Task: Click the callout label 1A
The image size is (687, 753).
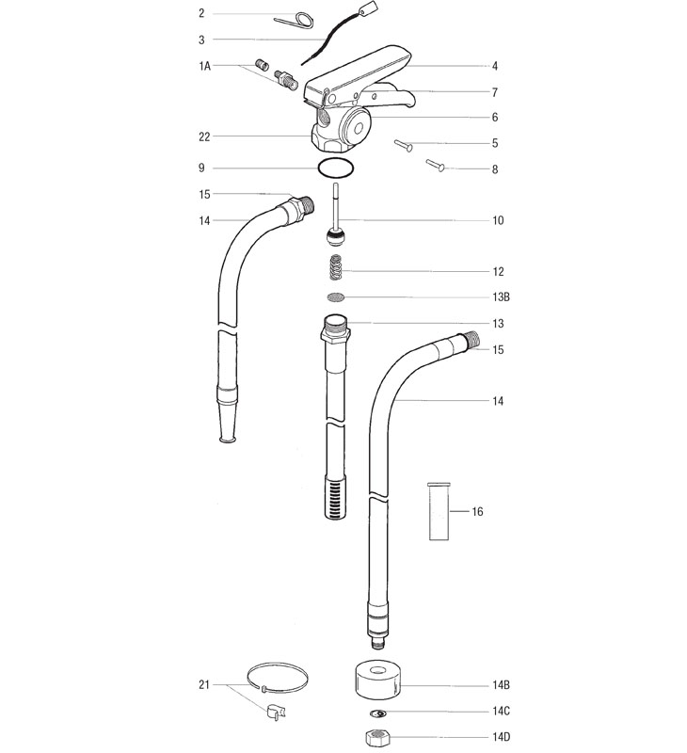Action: [x=204, y=66]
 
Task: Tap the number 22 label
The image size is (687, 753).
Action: [x=204, y=136]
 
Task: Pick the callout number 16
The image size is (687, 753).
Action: [x=477, y=512]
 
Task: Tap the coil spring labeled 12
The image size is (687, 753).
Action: [x=337, y=268]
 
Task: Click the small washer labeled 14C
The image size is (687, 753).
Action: [x=379, y=712]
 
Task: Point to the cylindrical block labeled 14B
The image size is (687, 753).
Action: [x=379, y=680]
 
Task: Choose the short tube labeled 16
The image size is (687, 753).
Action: [x=439, y=511]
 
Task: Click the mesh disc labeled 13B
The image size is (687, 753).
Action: [x=336, y=297]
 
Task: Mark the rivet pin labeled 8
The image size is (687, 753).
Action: [x=435, y=165]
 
